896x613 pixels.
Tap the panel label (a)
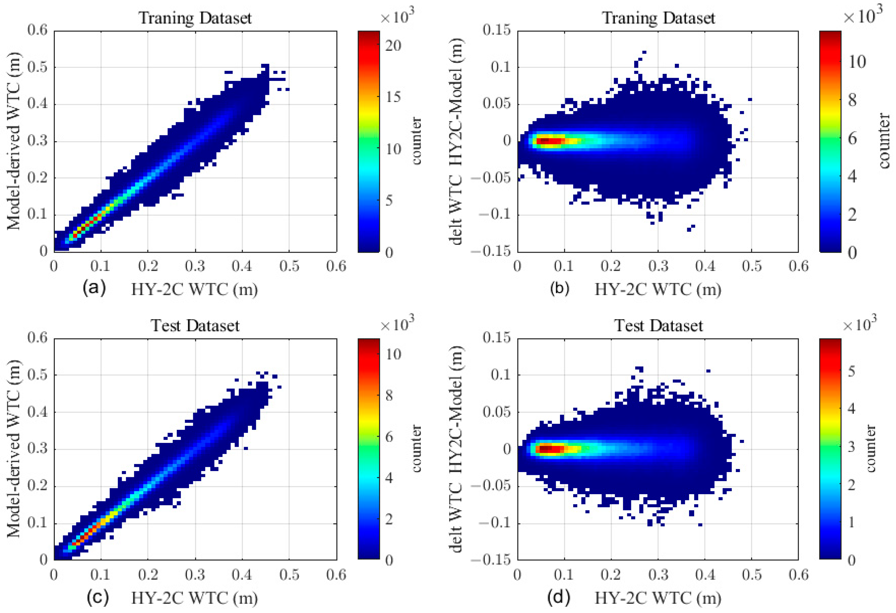pyautogui.click(x=94, y=288)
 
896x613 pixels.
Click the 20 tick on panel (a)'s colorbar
pyautogui.click(x=393, y=46)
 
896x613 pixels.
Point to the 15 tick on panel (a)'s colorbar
pyautogui.click(x=393, y=97)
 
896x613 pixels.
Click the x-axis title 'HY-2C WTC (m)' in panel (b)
pyautogui.click(x=658, y=289)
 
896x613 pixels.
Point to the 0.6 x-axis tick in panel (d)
pyautogui.click(x=798, y=575)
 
